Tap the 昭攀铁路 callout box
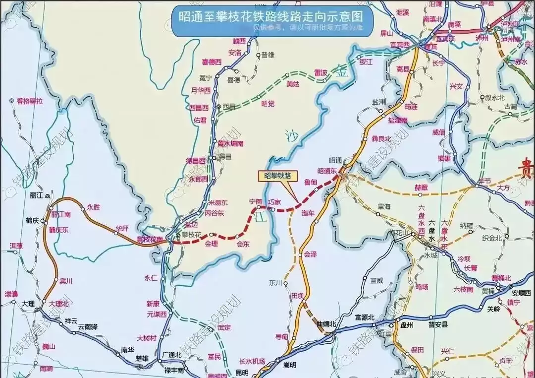277,175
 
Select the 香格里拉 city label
30,101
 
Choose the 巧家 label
274,202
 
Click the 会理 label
212,244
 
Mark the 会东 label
243,244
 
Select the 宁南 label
256,202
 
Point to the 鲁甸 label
311,182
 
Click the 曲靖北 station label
326,324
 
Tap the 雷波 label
321,72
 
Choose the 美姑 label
293,84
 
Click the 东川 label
275,283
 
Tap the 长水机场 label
252,361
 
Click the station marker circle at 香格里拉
11,101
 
